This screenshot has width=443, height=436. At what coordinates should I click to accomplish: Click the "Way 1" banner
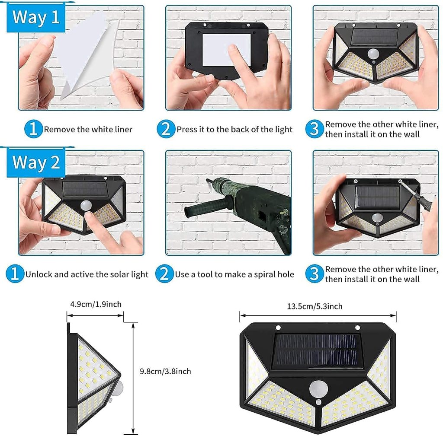click(35, 18)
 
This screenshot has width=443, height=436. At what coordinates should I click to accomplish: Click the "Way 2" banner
click(35, 163)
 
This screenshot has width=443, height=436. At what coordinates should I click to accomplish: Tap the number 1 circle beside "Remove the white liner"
click(33, 129)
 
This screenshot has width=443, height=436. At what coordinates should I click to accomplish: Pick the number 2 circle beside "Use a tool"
click(164, 274)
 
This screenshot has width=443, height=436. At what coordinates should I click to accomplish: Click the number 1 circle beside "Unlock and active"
click(15, 274)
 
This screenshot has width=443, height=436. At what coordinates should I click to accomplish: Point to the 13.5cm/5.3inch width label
click(315, 306)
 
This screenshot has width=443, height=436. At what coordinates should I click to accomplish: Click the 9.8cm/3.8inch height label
click(165, 371)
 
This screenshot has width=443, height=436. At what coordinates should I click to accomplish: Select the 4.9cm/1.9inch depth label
click(96, 304)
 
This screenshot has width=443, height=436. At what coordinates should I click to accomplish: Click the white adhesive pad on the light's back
click(226, 50)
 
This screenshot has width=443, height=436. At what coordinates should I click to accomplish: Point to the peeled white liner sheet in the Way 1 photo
click(84, 50)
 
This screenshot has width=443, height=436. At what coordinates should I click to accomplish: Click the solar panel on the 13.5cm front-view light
click(317, 350)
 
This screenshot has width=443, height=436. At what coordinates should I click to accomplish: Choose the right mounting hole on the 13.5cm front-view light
click(357, 328)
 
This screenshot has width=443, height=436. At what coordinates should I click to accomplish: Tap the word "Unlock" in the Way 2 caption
click(38, 274)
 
